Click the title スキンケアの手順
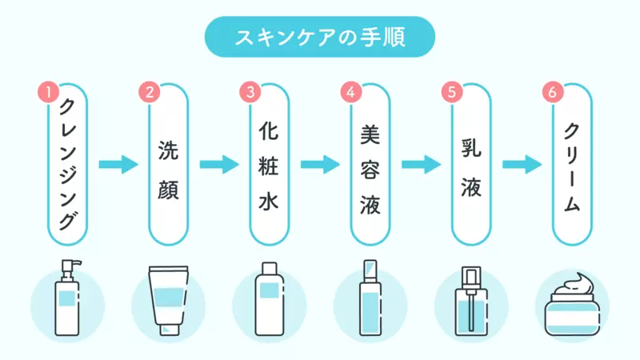click(320, 37)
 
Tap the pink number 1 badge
click(49, 92)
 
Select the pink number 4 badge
click(351, 92)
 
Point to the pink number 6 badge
click(553, 92)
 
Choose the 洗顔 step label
click(168, 170)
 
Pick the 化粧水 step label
click(269, 166)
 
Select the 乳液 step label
click(471, 167)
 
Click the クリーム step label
click(571, 167)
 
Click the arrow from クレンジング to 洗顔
click(118, 165)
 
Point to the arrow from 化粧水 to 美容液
click(320, 165)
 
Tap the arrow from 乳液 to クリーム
click(522, 165)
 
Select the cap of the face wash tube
click(169, 329)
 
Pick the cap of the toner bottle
click(270, 268)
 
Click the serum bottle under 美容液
click(370, 298)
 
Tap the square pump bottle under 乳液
click(471, 302)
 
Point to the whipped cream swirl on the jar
click(573, 285)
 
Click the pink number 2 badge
click(150, 92)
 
